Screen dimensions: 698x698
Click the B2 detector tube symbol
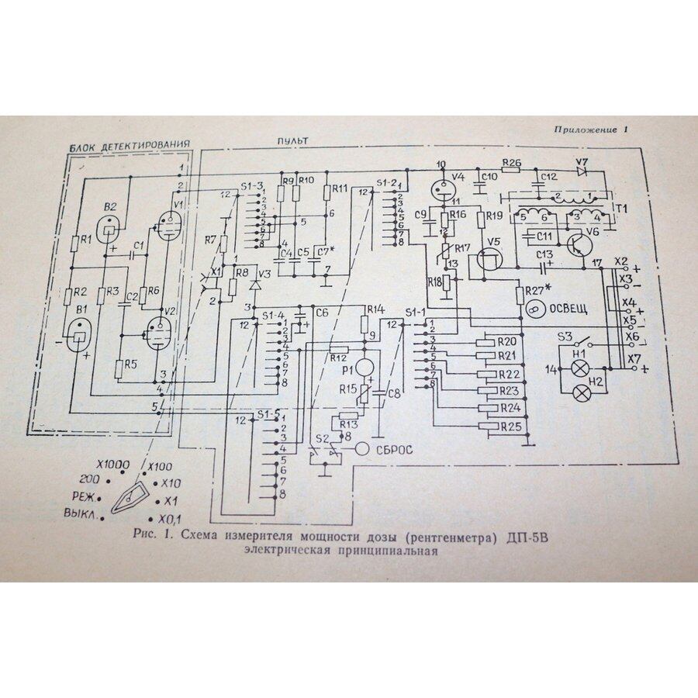[x=109, y=229]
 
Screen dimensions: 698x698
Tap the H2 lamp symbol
[x=578, y=393]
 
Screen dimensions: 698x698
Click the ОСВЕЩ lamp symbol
[x=534, y=309]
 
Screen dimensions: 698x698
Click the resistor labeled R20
[x=489, y=340]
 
